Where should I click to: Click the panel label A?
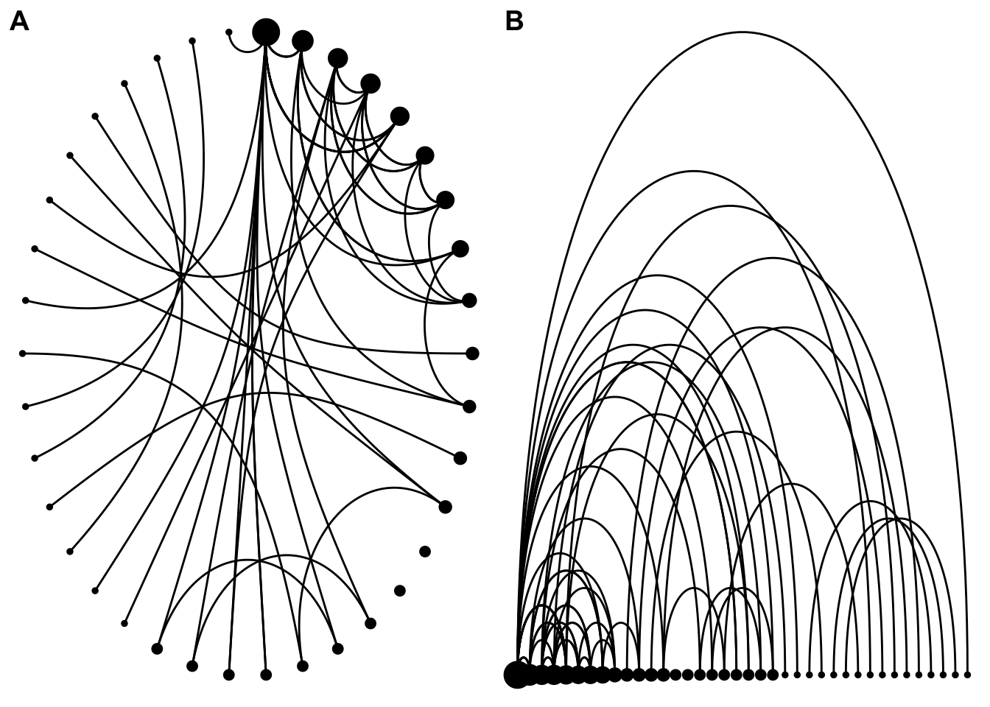pos(19,22)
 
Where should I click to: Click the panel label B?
pos(514,22)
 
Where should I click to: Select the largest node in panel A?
pos(266,32)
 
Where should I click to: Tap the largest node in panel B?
pos(517,675)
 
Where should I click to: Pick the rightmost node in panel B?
pos(967,675)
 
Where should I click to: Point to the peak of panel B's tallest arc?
pos(742,32)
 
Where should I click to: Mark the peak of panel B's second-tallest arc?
pos(694,171)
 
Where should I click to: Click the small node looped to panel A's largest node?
pos(229,32)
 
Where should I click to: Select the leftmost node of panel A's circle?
pos(23,353)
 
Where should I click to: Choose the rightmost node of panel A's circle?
pos(472,353)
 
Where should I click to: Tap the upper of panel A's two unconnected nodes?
pos(425,552)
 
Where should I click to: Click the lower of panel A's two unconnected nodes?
pos(400,591)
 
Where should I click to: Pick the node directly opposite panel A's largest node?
pos(266,675)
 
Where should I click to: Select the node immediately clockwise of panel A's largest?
pos(303,41)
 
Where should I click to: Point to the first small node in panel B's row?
pos(785,675)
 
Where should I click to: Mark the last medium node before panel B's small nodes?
pos(773,675)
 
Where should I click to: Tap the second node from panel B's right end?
pos(955,675)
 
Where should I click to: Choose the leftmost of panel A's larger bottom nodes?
pos(157,649)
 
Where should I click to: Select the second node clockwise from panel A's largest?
pos(337,57)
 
